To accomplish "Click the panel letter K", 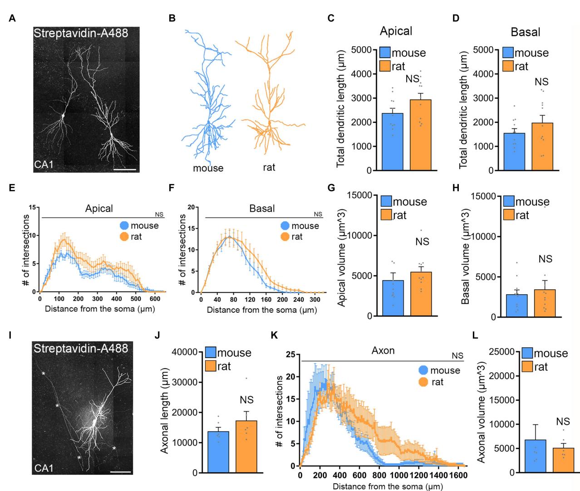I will (274, 335).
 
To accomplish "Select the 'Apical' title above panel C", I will (396, 31).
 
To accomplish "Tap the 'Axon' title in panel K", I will (383, 350).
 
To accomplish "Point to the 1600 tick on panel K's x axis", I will (460, 476).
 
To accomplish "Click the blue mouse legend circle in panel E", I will (124, 225).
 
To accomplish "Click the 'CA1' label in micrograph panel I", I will (44, 467).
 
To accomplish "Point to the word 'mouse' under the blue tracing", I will (208, 168).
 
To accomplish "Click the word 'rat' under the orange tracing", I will (269, 167).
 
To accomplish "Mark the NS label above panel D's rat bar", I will (541, 82).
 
